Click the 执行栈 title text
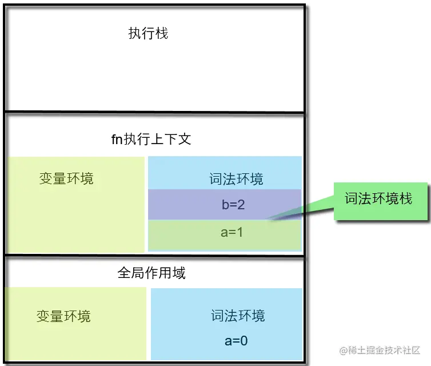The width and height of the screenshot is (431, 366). [x=148, y=33]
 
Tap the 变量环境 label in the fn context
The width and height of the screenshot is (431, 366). [x=66, y=179]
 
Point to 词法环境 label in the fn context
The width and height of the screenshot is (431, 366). [x=236, y=180]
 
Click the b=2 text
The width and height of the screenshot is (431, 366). [x=233, y=205]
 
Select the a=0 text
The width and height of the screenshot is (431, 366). [x=236, y=341]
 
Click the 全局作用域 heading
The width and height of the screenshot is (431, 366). [x=151, y=273]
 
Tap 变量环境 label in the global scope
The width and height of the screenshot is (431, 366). [x=63, y=316]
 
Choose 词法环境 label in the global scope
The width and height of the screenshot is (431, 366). [x=238, y=316]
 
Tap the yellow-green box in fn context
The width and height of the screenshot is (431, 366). [x=74, y=217]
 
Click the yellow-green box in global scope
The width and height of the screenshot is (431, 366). [x=74, y=337]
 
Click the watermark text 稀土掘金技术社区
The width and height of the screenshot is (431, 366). [x=385, y=350]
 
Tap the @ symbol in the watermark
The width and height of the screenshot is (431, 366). [x=344, y=350]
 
